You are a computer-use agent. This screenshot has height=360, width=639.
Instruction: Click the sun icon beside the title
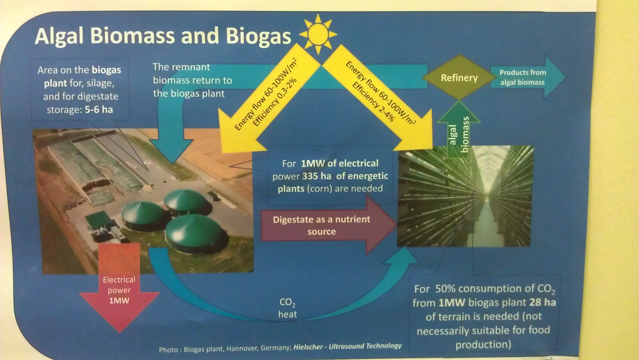click(x=318, y=34)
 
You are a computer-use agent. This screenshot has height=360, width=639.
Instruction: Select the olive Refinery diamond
click(x=459, y=77)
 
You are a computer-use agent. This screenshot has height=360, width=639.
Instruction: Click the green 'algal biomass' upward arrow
click(x=458, y=131)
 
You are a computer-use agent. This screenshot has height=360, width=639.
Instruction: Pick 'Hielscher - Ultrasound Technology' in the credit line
click(x=348, y=346)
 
